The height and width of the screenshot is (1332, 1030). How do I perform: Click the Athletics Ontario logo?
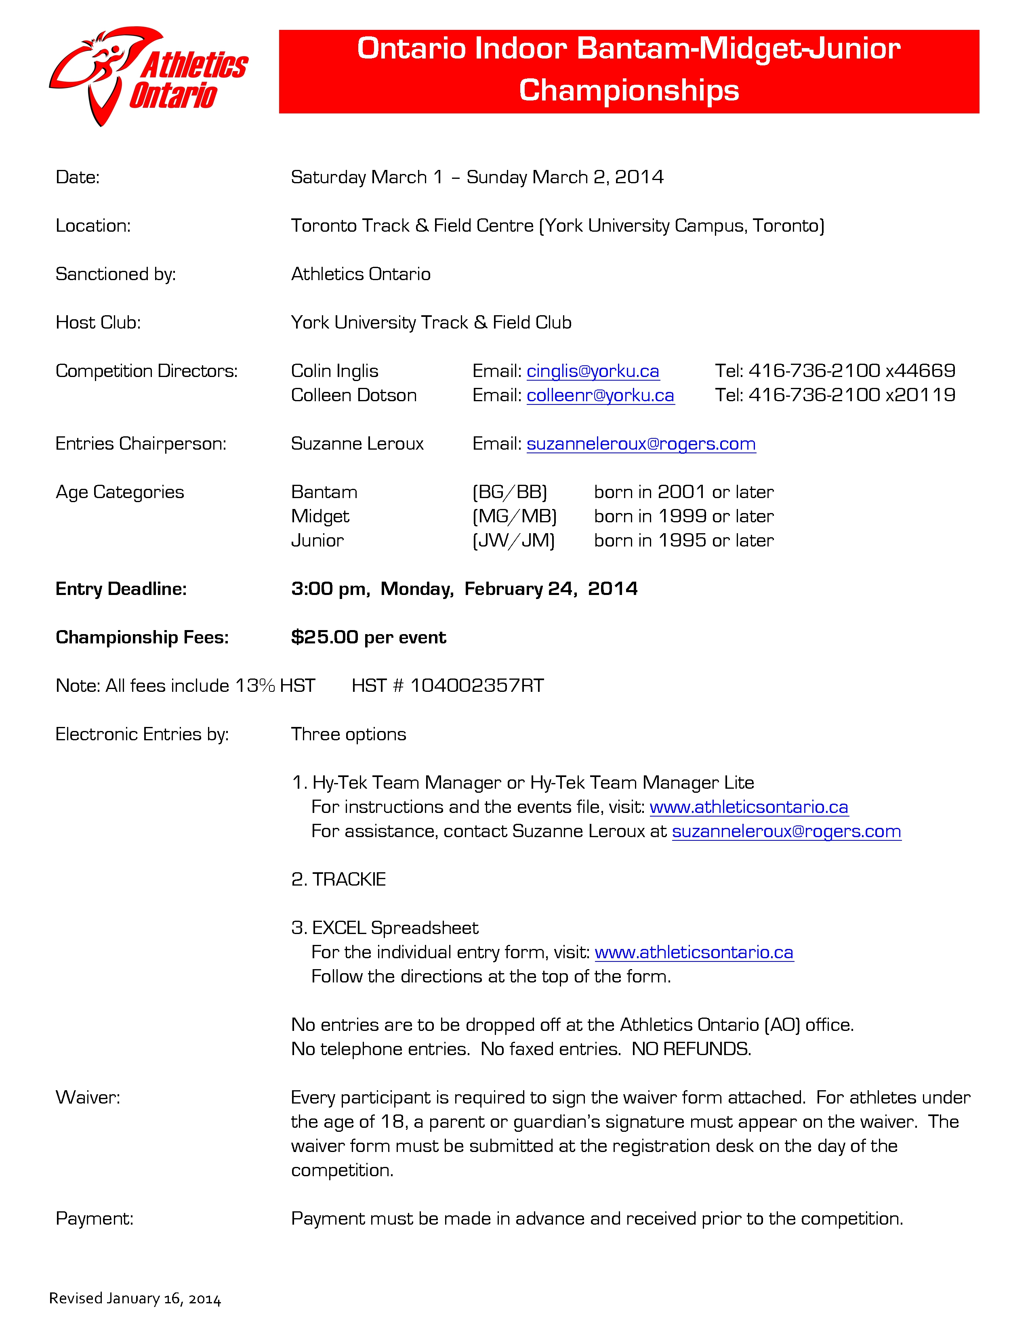(149, 76)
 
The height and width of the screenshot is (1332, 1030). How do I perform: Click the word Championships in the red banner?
(629, 90)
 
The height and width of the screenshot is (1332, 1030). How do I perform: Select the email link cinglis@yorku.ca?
(593, 371)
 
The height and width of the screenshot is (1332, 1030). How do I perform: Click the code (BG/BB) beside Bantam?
(509, 492)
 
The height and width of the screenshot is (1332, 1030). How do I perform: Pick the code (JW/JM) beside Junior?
(513, 540)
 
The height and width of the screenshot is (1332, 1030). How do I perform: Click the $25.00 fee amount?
(324, 637)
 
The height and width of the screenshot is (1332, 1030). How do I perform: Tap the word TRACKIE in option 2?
(349, 880)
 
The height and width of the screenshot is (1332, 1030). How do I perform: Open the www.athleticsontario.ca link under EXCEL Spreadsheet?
(694, 952)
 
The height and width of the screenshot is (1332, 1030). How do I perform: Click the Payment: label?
(95, 1219)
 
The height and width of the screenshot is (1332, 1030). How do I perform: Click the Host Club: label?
(98, 322)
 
